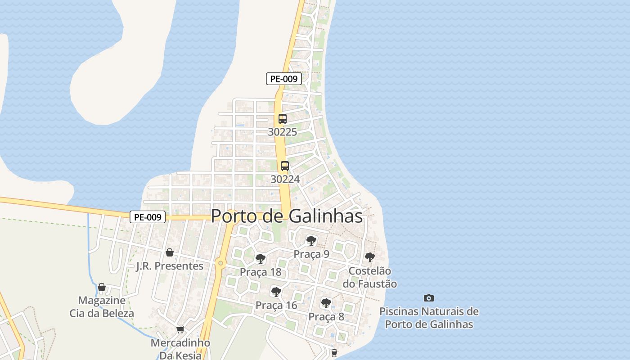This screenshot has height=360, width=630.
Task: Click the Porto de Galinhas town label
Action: pos(287,216)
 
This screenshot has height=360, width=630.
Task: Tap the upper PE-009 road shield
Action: pos(283,79)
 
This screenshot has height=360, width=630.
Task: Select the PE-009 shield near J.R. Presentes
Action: pos(148,217)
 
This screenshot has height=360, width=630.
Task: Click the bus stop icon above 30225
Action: pos(283,119)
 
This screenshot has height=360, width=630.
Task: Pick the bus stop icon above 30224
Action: pos(285,166)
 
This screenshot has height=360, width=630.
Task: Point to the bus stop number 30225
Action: pos(283,132)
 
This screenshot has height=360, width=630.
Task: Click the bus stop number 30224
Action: pos(285,179)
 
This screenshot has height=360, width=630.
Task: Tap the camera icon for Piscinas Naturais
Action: pos(429,298)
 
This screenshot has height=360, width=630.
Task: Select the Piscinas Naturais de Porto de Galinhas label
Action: pos(429,318)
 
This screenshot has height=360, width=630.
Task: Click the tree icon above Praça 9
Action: pos(311,240)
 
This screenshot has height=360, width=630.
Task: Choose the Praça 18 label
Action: pos(261,272)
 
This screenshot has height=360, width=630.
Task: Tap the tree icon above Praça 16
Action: pos(276,292)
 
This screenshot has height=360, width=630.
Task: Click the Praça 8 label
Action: pos(326,317)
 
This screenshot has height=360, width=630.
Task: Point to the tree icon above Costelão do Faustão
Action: pos(370,257)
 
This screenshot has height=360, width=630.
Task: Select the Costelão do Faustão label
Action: pos(370,278)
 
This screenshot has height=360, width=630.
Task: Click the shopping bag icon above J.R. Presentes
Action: pos(170,252)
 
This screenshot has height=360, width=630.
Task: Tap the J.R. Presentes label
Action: pos(170,266)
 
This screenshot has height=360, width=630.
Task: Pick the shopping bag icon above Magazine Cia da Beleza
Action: pos(102,287)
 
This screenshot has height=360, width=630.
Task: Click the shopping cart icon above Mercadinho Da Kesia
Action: pos(180,329)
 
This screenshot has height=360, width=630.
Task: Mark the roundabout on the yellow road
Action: pos(220,263)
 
